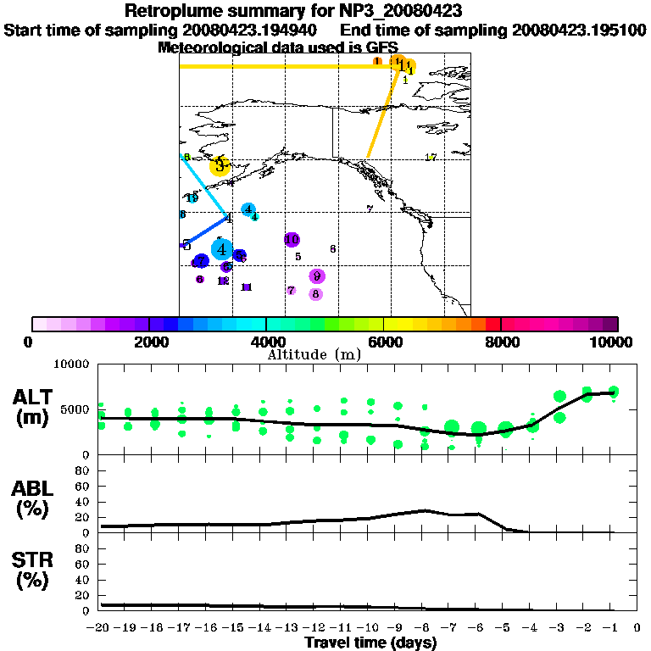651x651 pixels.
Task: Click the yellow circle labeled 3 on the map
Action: [x=220, y=166]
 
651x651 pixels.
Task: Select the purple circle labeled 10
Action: [x=292, y=240]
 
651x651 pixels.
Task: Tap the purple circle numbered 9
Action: [x=317, y=275]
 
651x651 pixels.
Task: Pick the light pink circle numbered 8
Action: [x=316, y=294]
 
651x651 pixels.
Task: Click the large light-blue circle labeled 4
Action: [x=221, y=249]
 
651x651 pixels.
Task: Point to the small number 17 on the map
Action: [x=431, y=158]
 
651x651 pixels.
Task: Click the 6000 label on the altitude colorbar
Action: [x=384, y=342]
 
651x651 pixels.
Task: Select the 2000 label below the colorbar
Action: [x=148, y=342]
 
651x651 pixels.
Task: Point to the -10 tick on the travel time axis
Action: [x=369, y=628]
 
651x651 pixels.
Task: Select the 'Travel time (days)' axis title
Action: [x=370, y=643]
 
